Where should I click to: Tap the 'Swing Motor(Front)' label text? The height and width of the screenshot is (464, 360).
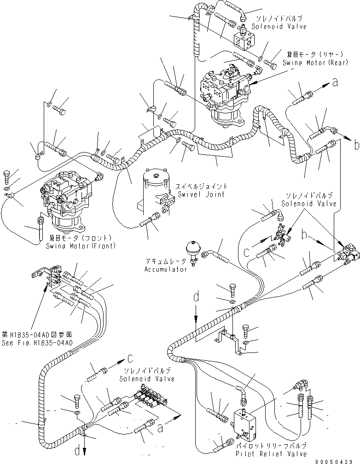point(81,246)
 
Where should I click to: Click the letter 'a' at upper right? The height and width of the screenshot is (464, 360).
point(335,82)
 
